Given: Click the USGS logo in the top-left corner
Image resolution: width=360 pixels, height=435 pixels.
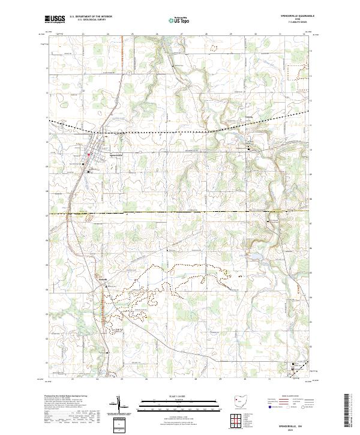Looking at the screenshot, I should pos(55,19).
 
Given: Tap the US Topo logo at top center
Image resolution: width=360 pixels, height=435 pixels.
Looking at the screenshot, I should pos(173,19).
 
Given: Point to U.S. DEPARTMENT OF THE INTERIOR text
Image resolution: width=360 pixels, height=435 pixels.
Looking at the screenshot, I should pos(91,17).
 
